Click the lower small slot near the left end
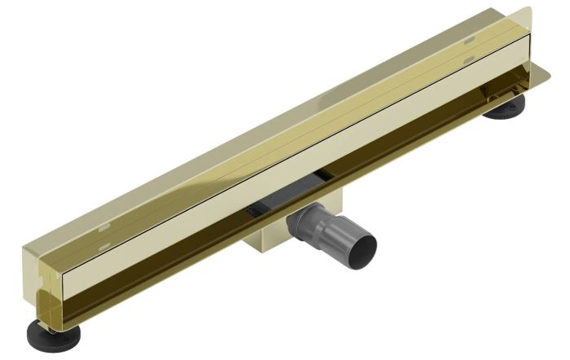click(100, 244)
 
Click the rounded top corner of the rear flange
click(526, 13)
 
